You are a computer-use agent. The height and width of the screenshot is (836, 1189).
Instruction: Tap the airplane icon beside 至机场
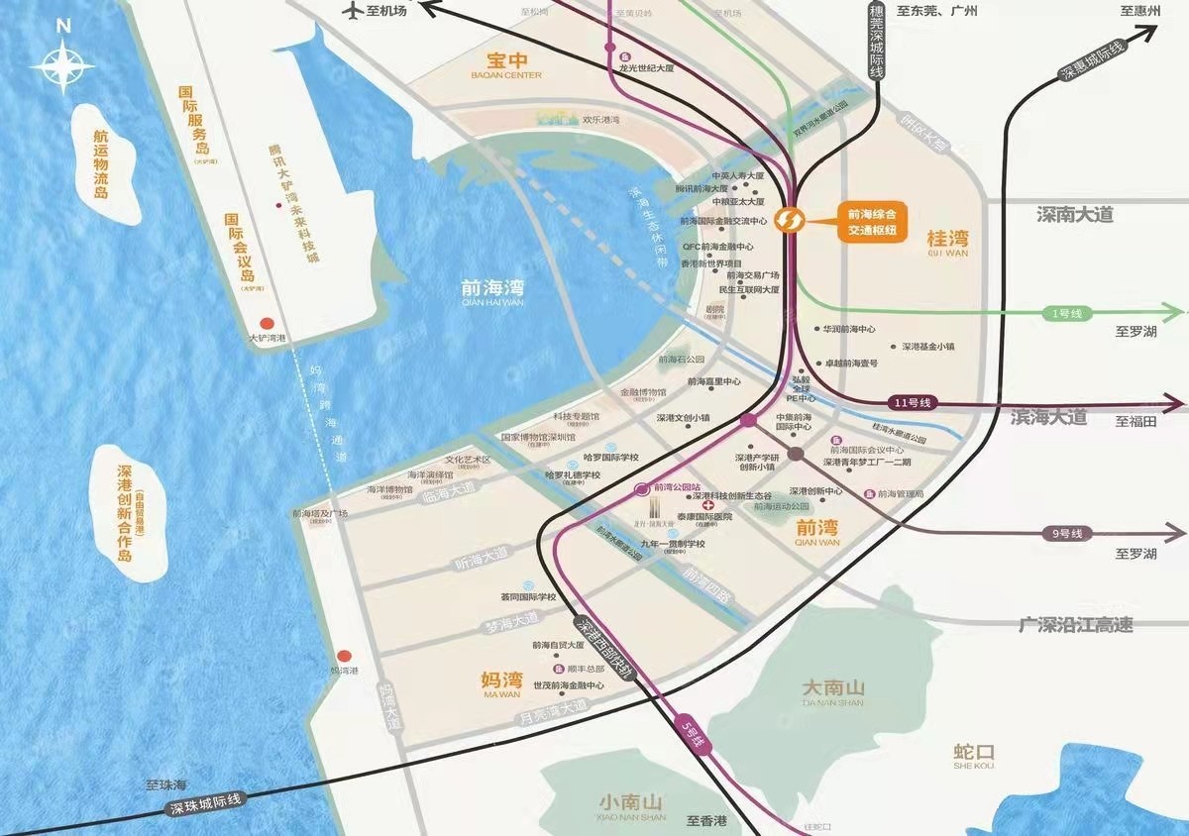351,10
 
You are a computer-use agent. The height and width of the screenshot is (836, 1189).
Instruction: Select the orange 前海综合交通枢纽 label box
871,220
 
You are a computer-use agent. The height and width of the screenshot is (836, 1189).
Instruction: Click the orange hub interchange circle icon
789,218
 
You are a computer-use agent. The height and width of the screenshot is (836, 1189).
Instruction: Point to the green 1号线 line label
1067,313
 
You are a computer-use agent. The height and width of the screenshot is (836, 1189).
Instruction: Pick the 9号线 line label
1066,534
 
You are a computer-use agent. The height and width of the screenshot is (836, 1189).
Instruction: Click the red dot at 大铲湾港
267,323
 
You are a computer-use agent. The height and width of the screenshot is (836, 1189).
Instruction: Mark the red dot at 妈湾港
344,656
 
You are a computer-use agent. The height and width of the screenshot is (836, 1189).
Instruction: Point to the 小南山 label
632,803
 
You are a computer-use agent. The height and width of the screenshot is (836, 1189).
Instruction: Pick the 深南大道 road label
1075,215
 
